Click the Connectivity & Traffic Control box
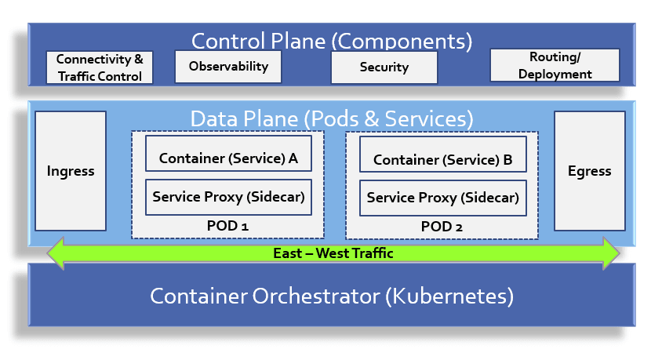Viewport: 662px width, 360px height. [x=100, y=67]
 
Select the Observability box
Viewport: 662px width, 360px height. [x=228, y=67]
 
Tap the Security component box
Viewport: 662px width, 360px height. [x=384, y=67]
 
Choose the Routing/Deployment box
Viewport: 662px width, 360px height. [x=555, y=65]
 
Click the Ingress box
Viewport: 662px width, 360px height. [x=71, y=171]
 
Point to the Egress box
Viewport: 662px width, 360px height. [x=590, y=171]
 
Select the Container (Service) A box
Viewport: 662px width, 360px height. [x=228, y=154]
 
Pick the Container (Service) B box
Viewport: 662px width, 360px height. [x=443, y=155]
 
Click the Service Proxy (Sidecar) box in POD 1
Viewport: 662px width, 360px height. [x=228, y=197]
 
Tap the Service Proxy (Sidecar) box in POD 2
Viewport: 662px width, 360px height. [x=443, y=198]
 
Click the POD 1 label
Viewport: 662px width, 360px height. [x=227, y=226]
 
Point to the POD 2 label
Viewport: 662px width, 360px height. [x=442, y=227]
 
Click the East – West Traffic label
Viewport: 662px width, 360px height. [x=333, y=253]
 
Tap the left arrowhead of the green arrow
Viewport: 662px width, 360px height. [x=55, y=253]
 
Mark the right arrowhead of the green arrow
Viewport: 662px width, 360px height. [x=611, y=253]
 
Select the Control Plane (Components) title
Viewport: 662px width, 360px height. [x=332, y=42]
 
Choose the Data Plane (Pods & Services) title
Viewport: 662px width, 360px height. [x=332, y=119]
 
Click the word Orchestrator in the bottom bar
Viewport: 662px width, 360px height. [x=316, y=296]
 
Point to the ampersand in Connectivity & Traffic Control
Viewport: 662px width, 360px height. [x=139, y=59]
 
